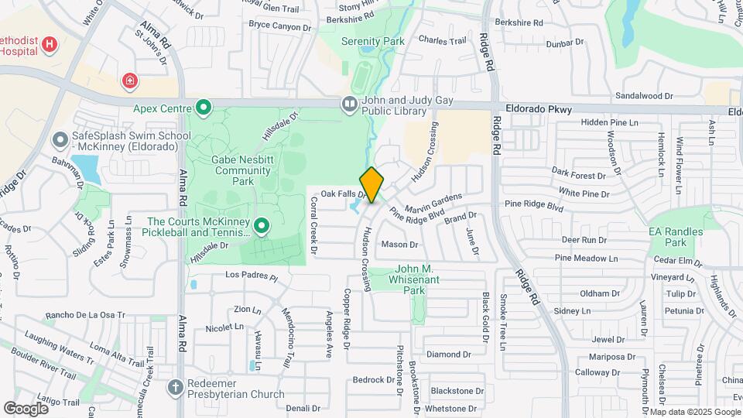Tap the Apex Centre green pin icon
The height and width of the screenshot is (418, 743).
tap(204, 108)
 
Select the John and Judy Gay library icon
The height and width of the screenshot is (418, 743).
tap(350, 103)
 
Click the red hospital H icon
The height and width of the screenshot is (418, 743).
tap(51, 44)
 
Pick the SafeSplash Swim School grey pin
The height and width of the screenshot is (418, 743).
tap(60, 140)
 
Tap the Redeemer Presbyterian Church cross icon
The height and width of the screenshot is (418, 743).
tap(176, 386)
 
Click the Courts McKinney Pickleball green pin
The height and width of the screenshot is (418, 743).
tap(262, 226)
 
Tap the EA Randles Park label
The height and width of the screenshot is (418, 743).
tap(676, 237)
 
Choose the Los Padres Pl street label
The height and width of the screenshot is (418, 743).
tap(250, 276)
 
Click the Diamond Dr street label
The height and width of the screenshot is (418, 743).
tap(443, 354)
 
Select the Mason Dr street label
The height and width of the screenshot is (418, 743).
tap(399, 245)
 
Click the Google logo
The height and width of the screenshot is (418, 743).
tap(26, 408)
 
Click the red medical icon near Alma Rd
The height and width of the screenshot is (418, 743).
tap(130, 80)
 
